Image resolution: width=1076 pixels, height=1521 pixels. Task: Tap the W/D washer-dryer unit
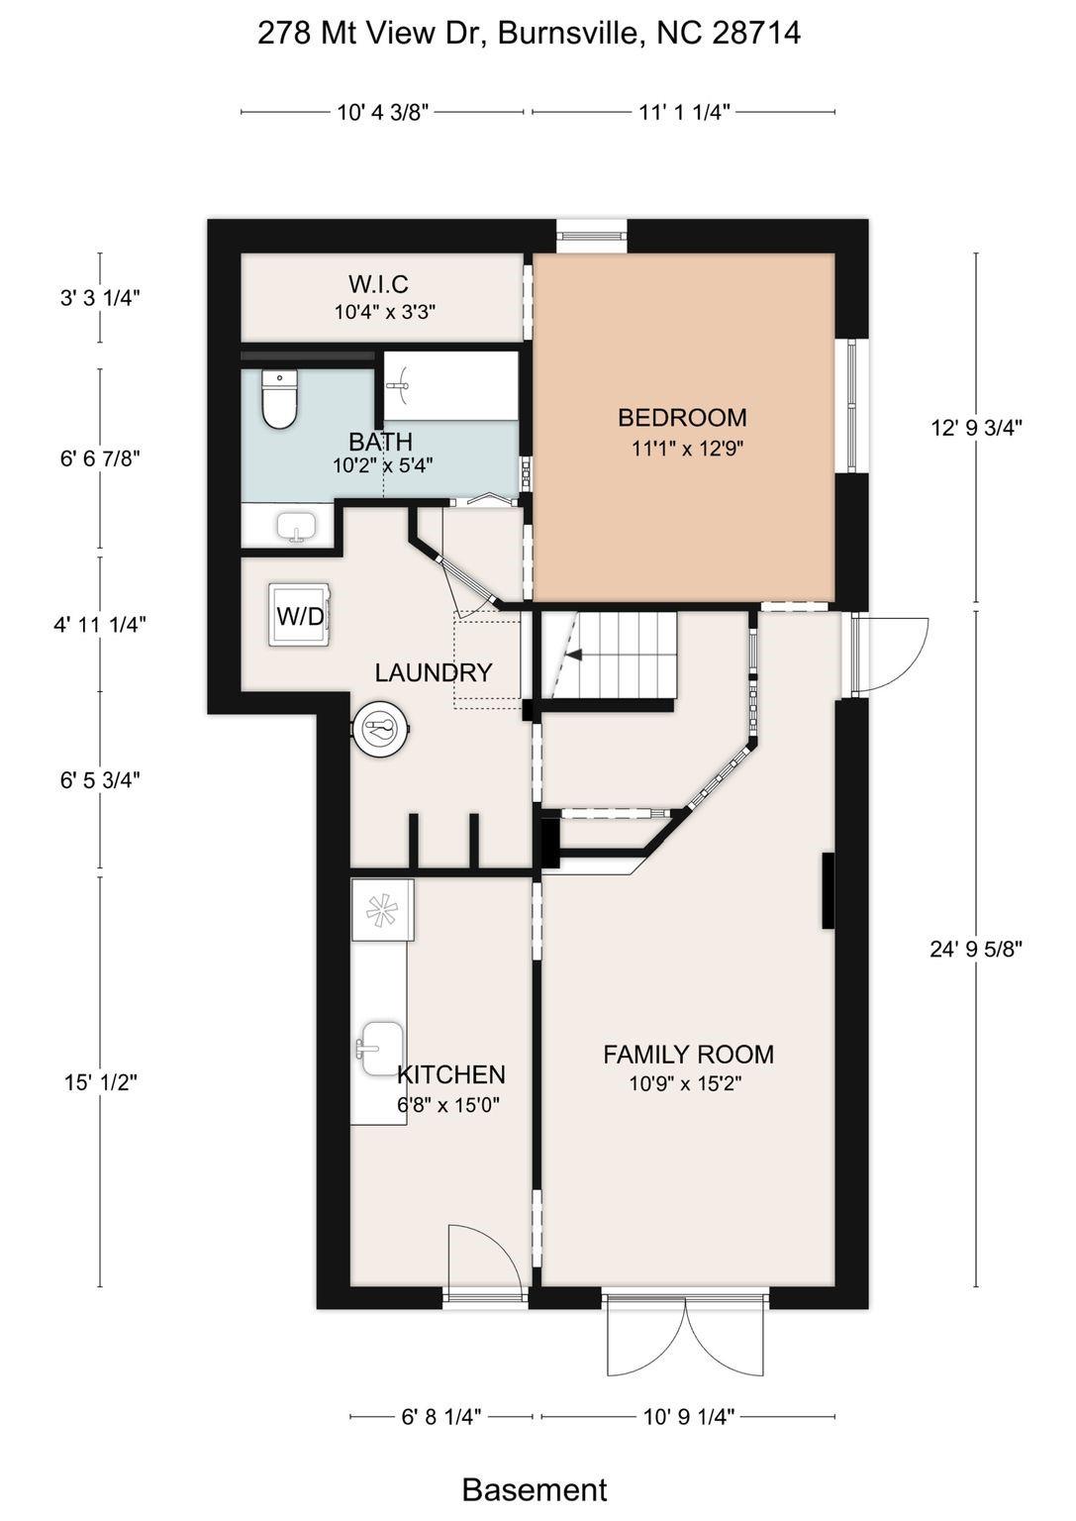click(299, 615)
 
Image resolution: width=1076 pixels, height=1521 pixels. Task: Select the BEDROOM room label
click(682, 417)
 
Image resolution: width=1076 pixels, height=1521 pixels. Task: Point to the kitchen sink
click(381, 1048)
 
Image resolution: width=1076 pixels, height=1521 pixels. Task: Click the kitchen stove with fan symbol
click(382, 909)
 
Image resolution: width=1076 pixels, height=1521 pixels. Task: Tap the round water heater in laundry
click(381, 729)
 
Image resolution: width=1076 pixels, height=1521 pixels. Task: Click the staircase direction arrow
click(574, 656)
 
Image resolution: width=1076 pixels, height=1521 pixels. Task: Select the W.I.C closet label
click(379, 283)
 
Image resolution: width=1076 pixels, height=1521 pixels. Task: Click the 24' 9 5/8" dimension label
click(976, 949)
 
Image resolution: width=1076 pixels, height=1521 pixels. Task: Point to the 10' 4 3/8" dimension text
click(383, 111)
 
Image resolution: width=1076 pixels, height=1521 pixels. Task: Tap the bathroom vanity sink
click(297, 526)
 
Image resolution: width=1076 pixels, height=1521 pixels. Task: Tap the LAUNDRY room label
click(434, 673)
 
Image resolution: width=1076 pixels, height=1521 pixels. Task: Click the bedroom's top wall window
click(591, 236)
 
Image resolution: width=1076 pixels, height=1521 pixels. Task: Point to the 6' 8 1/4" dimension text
click(441, 1417)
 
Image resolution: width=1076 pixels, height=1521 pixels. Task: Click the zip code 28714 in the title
click(755, 34)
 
